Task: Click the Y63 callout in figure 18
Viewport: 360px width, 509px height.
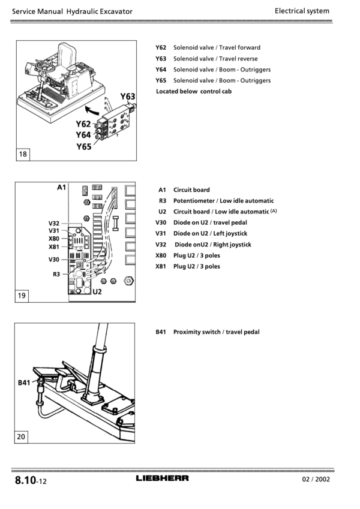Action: [x=127, y=97]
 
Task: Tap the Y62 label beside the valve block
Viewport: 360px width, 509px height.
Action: [x=83, y=124]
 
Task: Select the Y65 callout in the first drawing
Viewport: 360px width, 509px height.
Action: [x=84, y=147]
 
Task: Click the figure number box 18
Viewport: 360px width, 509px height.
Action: [x=23, y=154]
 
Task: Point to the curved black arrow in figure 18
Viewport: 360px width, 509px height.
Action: [x=92, y=111]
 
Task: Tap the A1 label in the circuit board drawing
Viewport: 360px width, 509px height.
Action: [x=61, y=187]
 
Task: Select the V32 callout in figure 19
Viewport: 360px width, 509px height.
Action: [x=54, y=224]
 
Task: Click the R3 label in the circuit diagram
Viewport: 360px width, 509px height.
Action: [x=56, y=275]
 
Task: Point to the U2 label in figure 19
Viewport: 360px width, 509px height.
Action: [x=97, y=291]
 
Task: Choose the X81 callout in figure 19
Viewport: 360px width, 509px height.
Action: [x=54, y=247]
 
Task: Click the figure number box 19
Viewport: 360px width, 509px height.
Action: [x=22, y=296]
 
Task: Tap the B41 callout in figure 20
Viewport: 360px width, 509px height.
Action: [x=24, y=382]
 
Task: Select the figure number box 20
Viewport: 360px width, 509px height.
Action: [x=21, y=436]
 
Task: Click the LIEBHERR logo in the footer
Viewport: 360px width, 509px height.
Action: [x=162, y=478]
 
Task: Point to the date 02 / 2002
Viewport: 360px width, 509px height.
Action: [x=316, y=479]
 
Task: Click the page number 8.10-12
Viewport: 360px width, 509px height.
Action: [x=31, y=480]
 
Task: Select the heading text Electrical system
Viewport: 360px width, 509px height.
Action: [x=302, y=11]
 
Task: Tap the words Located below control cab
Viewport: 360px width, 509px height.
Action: [x=194, y=91]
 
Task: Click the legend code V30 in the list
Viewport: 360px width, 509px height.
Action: [x=161, y=222]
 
